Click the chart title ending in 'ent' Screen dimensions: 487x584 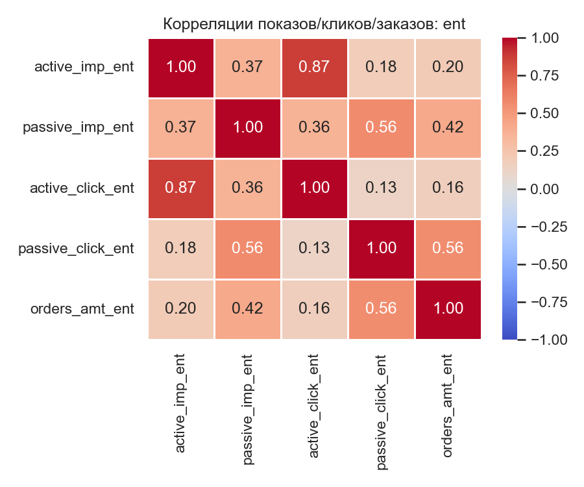[315, 24]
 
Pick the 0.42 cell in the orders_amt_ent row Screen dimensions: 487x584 [248, 308]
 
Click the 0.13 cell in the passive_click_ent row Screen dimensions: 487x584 [315, 248]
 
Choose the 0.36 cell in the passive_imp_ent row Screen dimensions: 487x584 [315, 128]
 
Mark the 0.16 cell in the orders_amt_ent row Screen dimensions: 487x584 [315, 308]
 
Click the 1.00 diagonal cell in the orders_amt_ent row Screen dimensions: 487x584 [448, 308]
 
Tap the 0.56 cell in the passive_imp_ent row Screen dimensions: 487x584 [381, 128]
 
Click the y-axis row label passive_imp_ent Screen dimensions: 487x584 [79, 128]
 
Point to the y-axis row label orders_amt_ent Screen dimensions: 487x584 [82, 308]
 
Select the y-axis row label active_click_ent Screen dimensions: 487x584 [82, 188]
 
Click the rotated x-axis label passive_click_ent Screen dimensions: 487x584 [382, 412]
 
